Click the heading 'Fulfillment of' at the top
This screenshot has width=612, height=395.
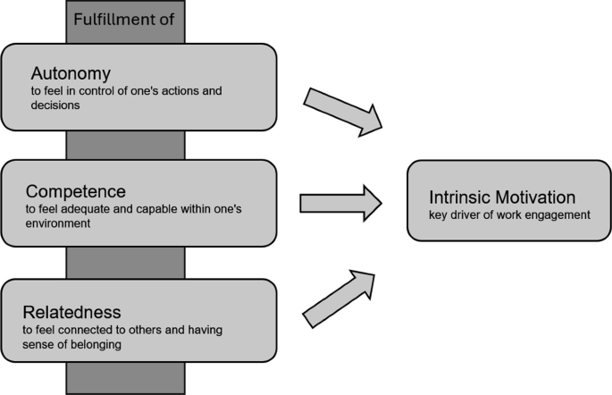[x=125, y=17]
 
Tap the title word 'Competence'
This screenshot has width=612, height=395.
[x=75, y=191]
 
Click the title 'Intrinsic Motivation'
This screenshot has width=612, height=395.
[x=502, y=197]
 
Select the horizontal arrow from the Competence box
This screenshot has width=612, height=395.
[x=340, y=202]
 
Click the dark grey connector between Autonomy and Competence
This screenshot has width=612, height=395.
[x=125, y=145]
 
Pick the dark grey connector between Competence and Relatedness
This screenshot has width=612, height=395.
[x=125, y=263]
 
